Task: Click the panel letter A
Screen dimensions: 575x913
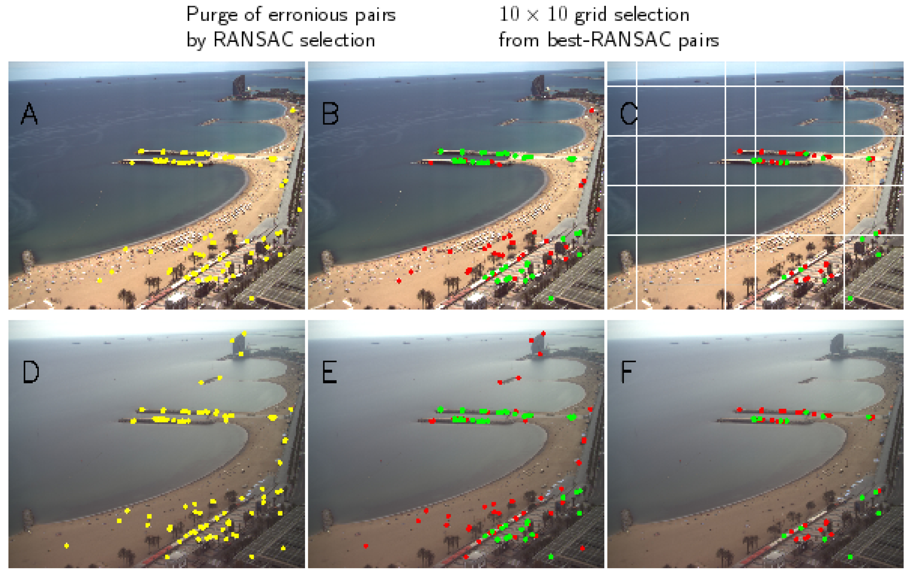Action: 29,114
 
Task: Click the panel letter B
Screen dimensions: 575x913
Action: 329,114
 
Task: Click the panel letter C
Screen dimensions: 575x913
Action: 628,114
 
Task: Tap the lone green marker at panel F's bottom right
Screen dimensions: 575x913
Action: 850,557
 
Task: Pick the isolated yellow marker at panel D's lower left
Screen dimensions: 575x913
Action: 67,546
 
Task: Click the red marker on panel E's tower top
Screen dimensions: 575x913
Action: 543,334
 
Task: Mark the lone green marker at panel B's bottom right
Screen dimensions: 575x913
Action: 551,299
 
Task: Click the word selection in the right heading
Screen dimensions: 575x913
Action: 651,15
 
